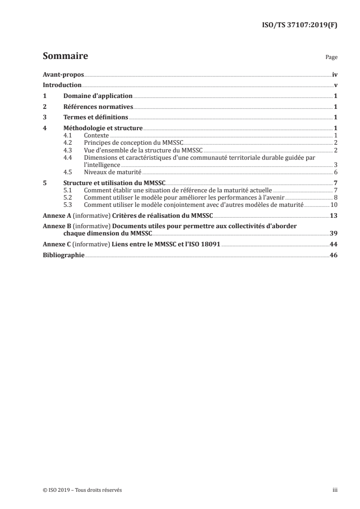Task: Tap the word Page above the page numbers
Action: click(331, 58)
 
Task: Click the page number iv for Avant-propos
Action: click(335, 74)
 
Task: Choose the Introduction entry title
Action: click(62, 85)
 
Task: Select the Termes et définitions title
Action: click(95, 117)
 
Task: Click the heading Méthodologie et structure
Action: click(103, 128)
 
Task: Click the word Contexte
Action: click(96, 135)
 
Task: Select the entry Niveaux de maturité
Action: click(113, 172)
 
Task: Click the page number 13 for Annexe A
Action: click(334, 215)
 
